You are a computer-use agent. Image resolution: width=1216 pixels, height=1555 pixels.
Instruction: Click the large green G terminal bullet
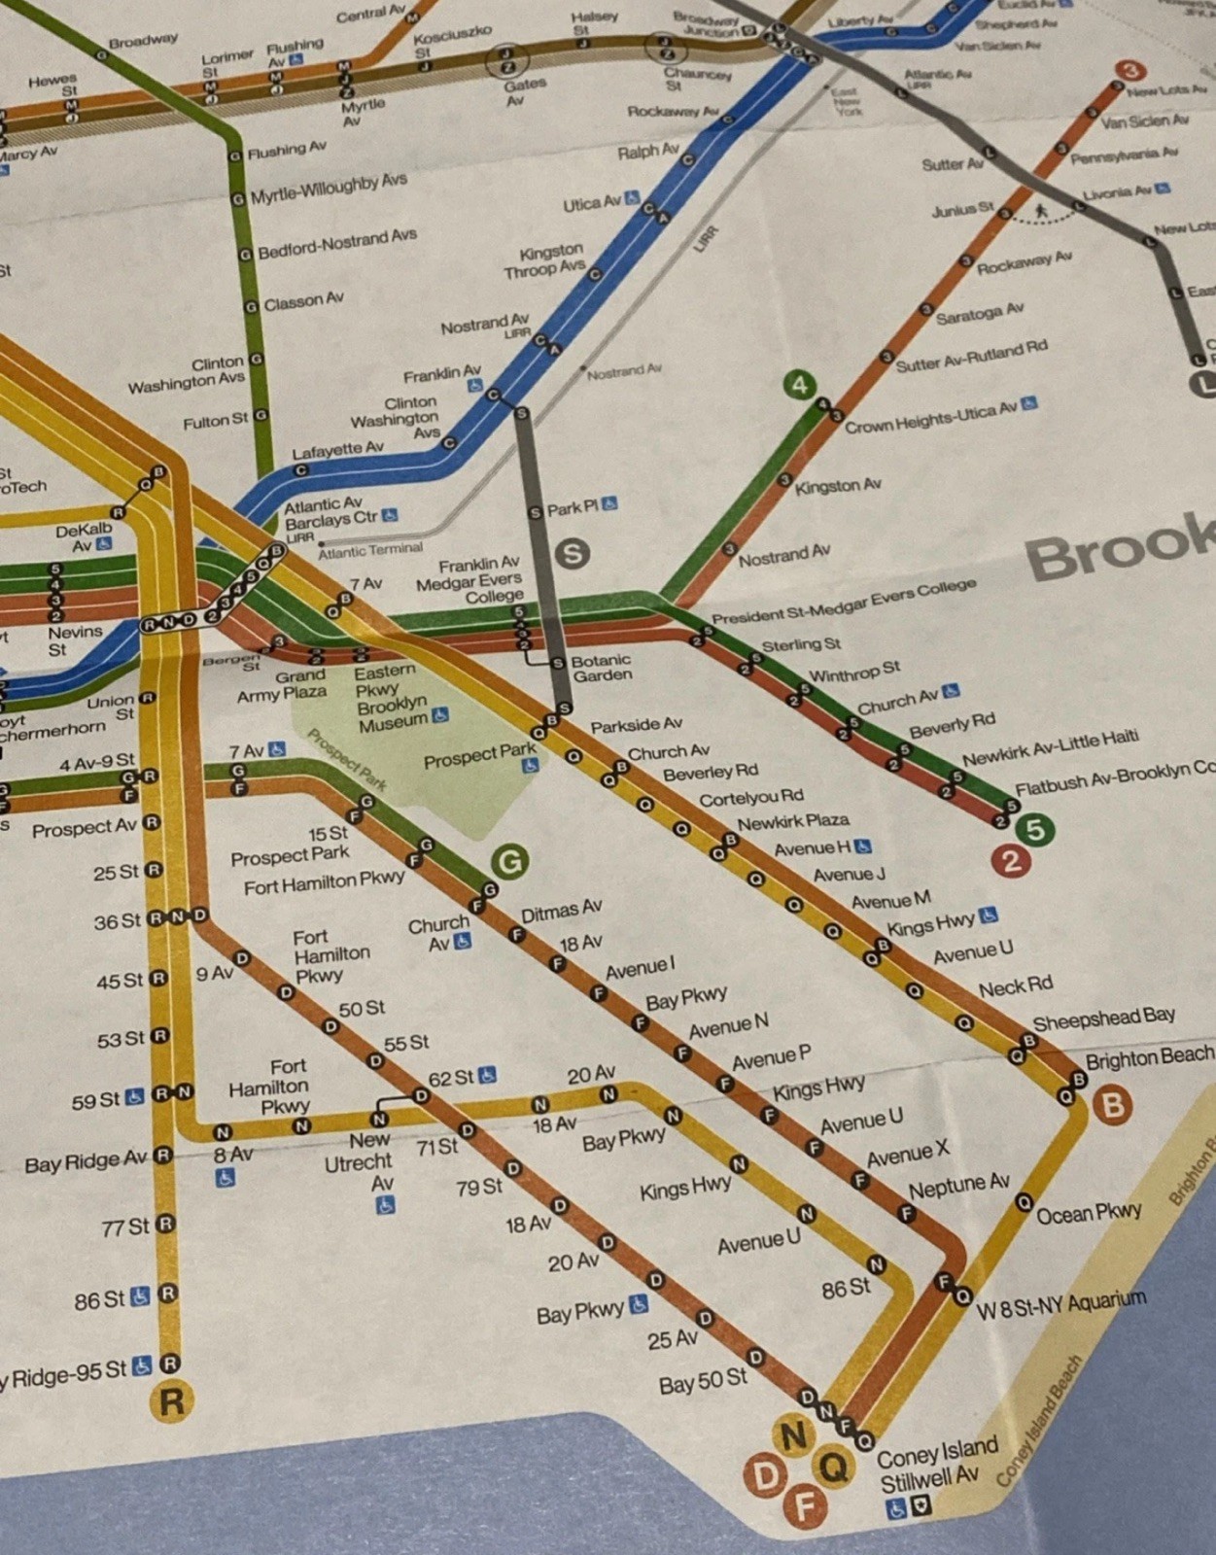pos(509,860)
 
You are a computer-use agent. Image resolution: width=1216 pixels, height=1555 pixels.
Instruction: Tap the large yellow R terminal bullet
pos(171,1401)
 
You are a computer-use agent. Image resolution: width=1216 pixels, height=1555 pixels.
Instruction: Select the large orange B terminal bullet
pos(1112,1105)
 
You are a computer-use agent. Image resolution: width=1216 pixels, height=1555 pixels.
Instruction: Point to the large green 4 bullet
pos(799,385)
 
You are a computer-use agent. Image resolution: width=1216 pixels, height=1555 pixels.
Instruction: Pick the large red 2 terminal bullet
pos(1011,861)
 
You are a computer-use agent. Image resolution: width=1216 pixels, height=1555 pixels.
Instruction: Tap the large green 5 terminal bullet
pos(1035,829)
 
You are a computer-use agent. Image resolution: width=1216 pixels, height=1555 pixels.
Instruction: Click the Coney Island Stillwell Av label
pos(935,1466)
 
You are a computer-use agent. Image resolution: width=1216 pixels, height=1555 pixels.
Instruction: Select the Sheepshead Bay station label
pos(1103,1019)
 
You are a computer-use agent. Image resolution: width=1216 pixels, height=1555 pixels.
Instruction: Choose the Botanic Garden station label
pos(602,668)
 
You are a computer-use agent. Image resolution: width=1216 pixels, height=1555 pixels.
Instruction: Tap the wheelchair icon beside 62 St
pos(487,1075)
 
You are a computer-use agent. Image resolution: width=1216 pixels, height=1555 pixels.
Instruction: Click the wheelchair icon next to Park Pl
pos(609,503)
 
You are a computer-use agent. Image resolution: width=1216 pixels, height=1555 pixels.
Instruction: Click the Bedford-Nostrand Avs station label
pos(336,244)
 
